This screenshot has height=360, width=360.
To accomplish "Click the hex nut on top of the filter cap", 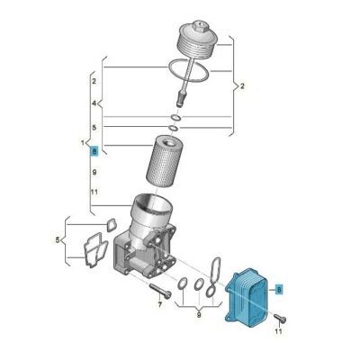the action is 199,25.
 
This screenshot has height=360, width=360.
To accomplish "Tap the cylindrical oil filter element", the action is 162,163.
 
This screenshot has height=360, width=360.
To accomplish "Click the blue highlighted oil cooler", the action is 247,298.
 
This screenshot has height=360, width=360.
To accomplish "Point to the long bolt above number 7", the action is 160,290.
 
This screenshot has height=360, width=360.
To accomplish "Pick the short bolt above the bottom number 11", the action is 280,318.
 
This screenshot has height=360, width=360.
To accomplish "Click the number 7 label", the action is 159,305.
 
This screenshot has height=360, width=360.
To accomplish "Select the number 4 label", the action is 94,103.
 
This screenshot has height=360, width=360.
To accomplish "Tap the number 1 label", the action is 83,143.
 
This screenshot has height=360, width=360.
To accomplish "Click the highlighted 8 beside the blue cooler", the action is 279,290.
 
